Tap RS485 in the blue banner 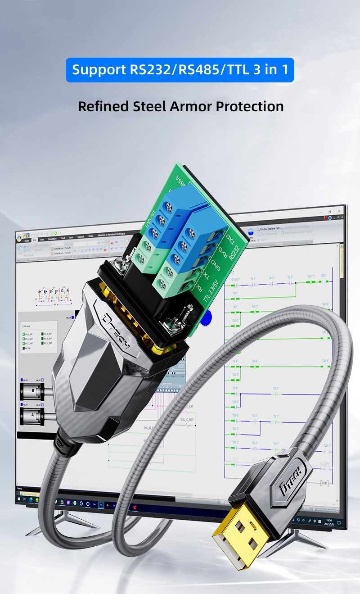196,70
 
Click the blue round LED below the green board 206,319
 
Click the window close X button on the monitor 341,212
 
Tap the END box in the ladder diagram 324,483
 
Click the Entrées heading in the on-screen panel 27,326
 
